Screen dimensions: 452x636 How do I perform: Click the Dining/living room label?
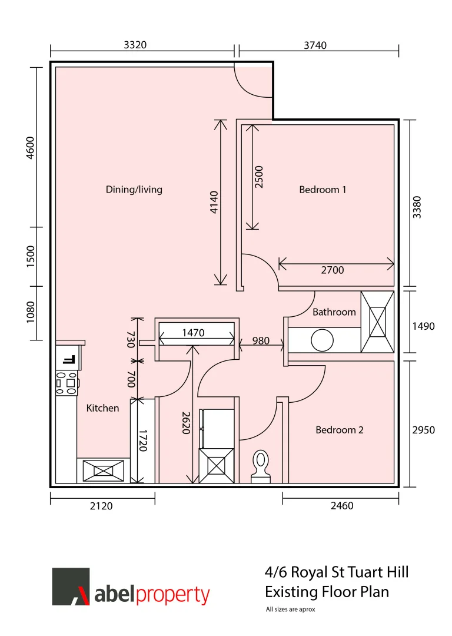(x=134, y=190)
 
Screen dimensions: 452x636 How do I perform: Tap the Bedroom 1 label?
(x=323, y=190)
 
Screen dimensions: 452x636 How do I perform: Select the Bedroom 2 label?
(x=340, y=429)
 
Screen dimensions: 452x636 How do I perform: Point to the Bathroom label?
(x=334, y=312)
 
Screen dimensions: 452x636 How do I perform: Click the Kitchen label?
(x=102, y=408)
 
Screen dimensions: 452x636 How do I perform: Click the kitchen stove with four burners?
(x=67, y=383)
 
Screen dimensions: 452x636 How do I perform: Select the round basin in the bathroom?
(x=323, y=340)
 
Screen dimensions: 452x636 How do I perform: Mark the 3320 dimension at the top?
(x=135, y=45)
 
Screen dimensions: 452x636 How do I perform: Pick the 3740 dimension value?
(x=315, y=45)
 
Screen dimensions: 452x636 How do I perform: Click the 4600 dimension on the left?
(x=31, y=148)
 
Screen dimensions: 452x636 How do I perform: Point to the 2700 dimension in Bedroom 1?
(x=333, y=270)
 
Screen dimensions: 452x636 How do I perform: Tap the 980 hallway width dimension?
(x=261, y=341)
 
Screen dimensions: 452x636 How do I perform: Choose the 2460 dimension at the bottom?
(x=342, y=505)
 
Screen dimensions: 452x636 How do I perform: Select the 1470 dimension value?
(x=193, y=333)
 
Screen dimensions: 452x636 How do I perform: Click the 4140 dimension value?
(x=214, y=202)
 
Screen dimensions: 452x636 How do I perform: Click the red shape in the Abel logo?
(x=83, y=595)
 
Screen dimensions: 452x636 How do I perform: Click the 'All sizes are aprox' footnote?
(x=290, y=609)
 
